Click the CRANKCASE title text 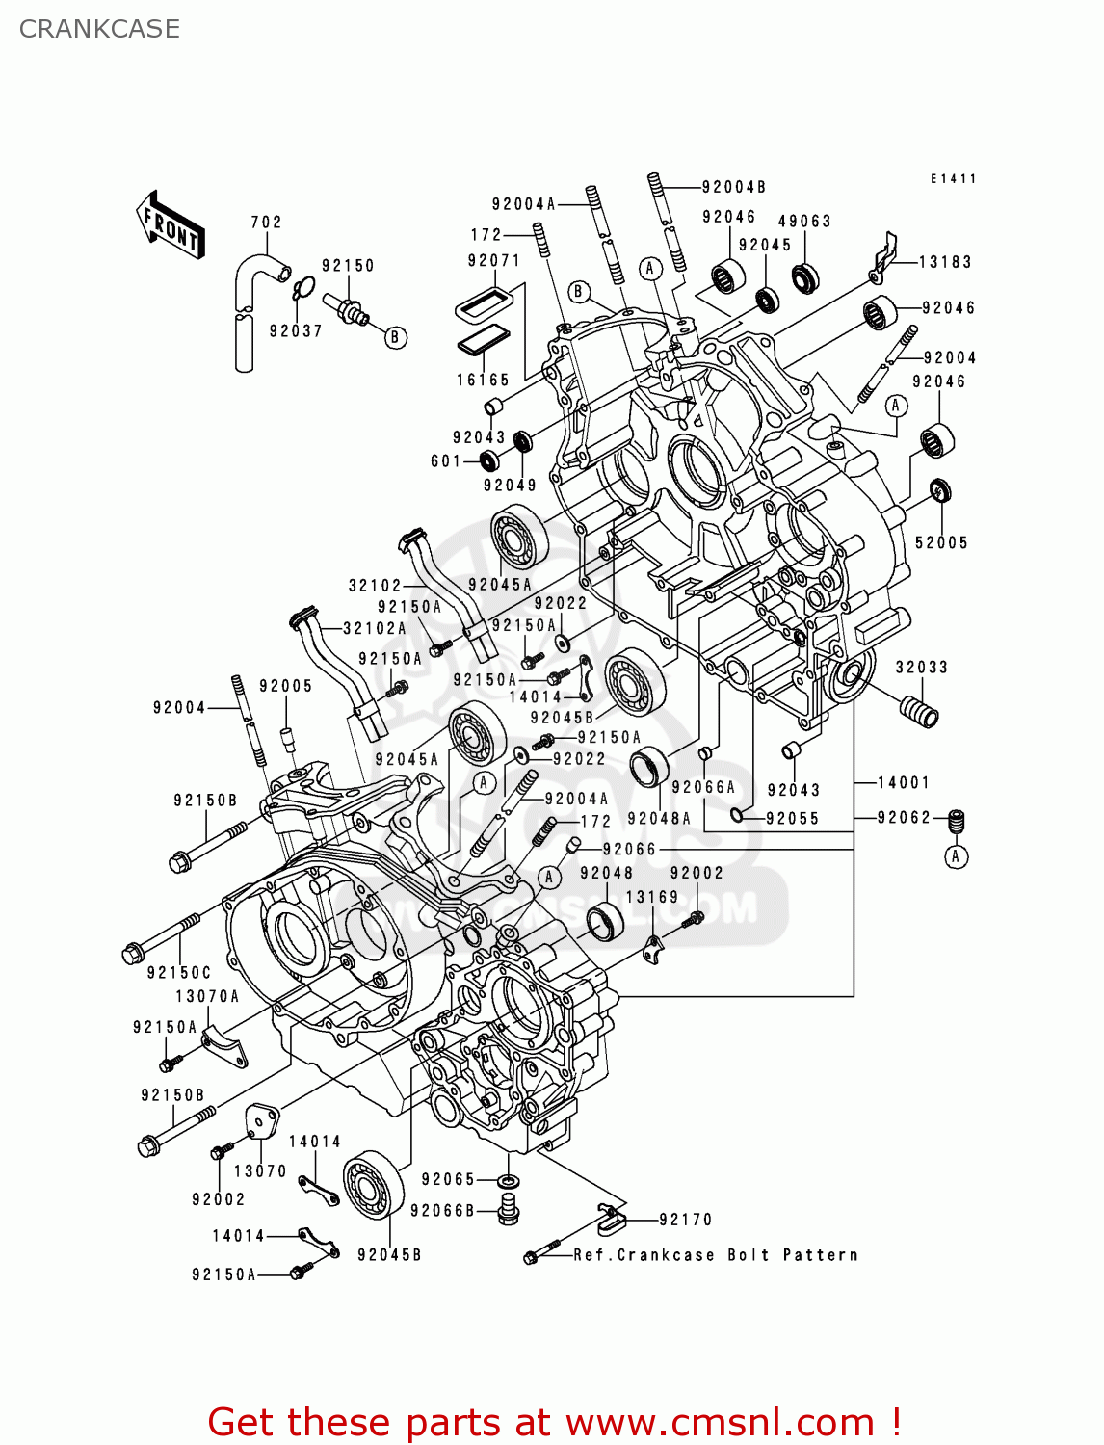click(99, 29)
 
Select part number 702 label click(266, 222)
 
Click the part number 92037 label click(296, 330)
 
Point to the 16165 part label click(483, 380)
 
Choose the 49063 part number click(804, 221)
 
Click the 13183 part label click(945, 261)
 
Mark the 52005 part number click(941, 542)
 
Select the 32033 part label click(922, 667)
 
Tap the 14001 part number click(903, 782)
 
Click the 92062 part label click(904, 817)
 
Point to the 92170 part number click(686, 1220)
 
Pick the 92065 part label click(448, 1179)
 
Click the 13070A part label click(207, 996)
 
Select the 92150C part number click(179, 972)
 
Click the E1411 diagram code click(954, 178)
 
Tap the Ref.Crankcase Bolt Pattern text click(715, 1254)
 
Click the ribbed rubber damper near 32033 click(918, 713)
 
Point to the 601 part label click(446, 461)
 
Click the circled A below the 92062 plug click(956, 856)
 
